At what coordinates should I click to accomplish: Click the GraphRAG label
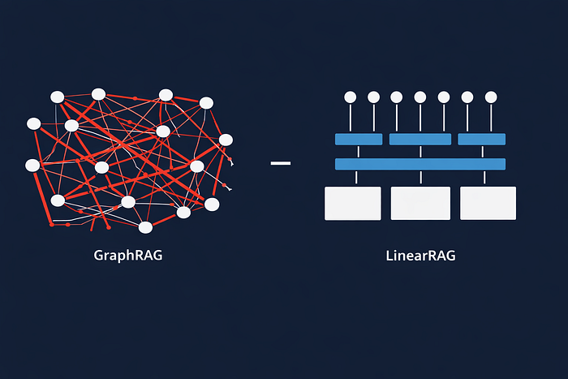pyautogui.click(x=128, y=256)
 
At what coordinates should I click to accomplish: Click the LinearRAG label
pyautogui.click(x=420, y=256)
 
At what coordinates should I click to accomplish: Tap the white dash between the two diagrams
pyautogui.click(x=281, y=163)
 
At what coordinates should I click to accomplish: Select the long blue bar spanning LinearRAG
pyautogui.click(x=420, y=164)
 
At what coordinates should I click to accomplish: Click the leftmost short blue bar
pyautogui.click(x=359, y=139)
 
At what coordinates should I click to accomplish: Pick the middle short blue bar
pyautogui.click(x=420, y=139)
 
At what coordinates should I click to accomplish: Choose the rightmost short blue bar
pyautogui.click(x=482, y=139)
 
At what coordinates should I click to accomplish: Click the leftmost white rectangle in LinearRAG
pyautogui.click(x=353, y=203)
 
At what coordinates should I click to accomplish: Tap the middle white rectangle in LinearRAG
pyautogui.click(x=420, y=203)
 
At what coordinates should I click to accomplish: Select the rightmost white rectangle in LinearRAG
pyautogui.click(x=488, y=203)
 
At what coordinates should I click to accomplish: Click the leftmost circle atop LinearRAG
pyautogui.click(x=351, y=97)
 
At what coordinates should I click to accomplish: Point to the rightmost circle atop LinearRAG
pyautogui.click(x=491, y=97)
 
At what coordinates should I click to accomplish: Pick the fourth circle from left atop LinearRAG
pyautogui.click(x=420, y=97)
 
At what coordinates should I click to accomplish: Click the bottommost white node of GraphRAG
pyautogui.click(x=145, y=227)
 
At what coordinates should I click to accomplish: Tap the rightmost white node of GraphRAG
pyautogui.click(x=226, y=140)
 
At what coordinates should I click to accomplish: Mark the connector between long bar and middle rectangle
pyautogui.click(x=420, y=178)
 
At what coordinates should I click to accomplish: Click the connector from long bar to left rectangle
pyautogui.click(x=356, y=178)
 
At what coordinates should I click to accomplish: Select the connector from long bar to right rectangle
pyautogui.click(x=484, y=178)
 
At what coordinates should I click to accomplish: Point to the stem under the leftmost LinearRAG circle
pyautogui.click(x=351, y=118)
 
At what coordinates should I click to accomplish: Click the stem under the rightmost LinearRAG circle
pyautogui.click(x=491, y=118)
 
